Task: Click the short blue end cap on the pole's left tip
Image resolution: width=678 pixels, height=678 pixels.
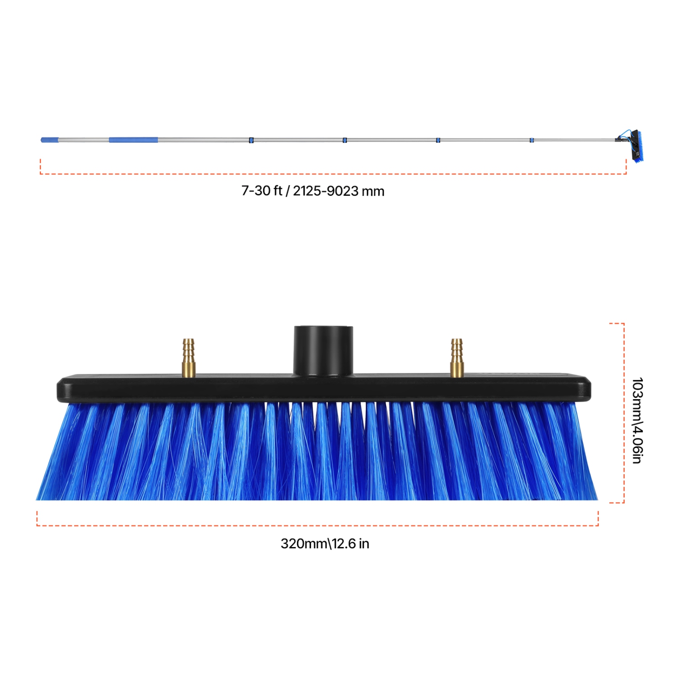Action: pyautogui.click(x=50, y=140)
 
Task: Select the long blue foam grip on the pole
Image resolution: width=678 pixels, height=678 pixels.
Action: pyautogui.click(x=133, y=140)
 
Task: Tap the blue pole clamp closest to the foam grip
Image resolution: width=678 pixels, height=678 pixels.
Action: pyautogui.click(x=251, y=140)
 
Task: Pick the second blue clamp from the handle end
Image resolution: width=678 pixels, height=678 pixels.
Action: pyautogui.click(x=345, y=140)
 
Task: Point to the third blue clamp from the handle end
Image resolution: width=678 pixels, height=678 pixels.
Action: pyautogui.click(x=438, y=140)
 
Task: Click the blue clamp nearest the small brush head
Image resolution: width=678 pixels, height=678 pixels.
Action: pyautogui.click(x=532, y=140)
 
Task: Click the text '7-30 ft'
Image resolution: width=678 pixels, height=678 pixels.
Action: pyautogui.click(x=262, y=191)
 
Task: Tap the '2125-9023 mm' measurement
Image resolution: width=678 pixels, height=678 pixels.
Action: pyautogui.click(x=339, y=191)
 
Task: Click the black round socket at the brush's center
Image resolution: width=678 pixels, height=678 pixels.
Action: pyautogui.click(x=323, y=350)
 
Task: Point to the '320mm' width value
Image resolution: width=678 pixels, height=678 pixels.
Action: pyautogui.click(x=304, y=543)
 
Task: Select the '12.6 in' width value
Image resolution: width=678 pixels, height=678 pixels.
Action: pyautogui.click(x=351, y=543)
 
